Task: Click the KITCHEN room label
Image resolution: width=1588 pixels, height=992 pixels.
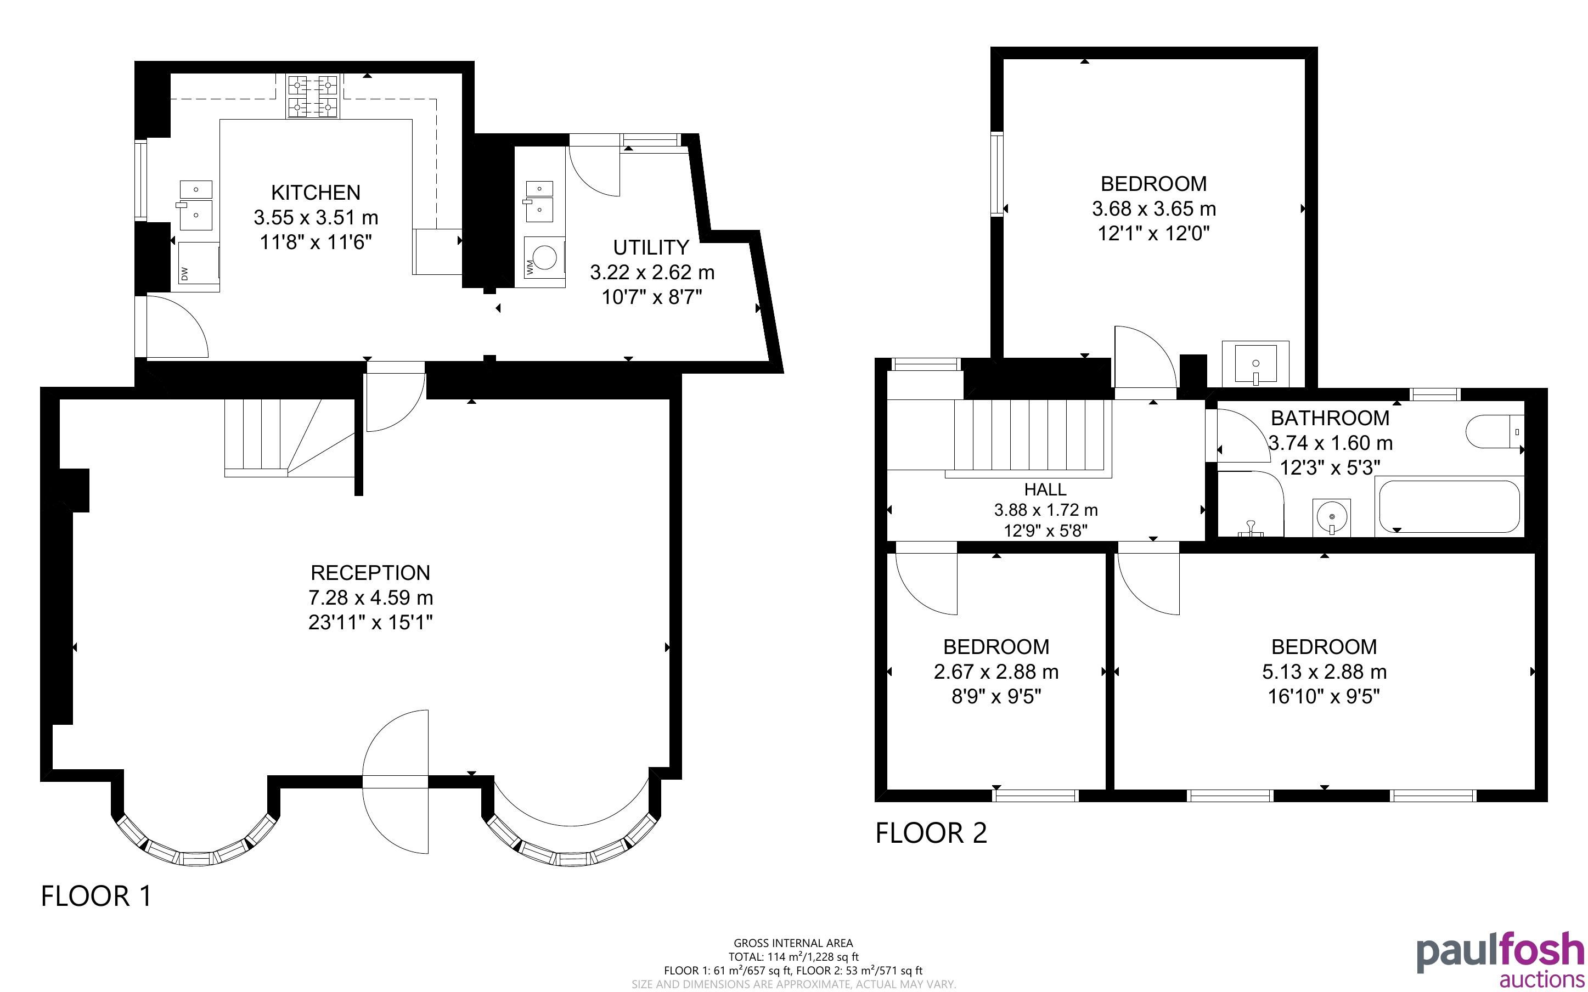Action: [316, 192]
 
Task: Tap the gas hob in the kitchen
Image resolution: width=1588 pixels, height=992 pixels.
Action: [313, 96]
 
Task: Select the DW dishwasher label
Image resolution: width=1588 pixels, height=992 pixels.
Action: [184, 274]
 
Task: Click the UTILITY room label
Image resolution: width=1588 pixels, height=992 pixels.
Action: [651, 247]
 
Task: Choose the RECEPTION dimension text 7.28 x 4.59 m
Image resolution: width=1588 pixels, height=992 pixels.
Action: [370, 598]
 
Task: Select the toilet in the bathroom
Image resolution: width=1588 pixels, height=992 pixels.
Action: [1495, 431]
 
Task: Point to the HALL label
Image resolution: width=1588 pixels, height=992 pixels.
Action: [1045, 489]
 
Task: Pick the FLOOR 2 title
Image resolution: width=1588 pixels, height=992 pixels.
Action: [931, 833]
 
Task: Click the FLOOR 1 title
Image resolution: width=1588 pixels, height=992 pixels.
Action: [97, 896]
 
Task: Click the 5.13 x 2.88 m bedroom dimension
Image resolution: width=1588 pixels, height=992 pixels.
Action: [1324, 672]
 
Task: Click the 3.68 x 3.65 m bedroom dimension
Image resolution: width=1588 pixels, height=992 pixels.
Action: [1154, 208]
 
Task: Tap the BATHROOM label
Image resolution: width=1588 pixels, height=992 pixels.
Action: [1330, 418]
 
